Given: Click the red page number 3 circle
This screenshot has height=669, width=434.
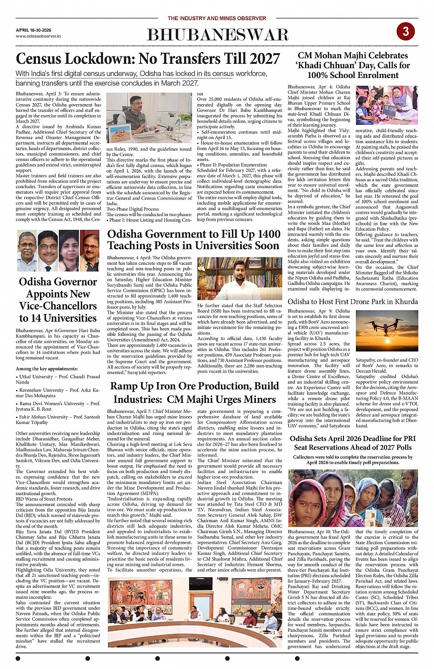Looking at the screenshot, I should pos(406,31).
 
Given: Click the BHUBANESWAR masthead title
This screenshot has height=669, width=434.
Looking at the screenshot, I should pos(217,35).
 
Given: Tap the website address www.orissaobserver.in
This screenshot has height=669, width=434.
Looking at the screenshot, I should pos(38,36).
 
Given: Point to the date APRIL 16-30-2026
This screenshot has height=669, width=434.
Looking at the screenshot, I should pos(34,30).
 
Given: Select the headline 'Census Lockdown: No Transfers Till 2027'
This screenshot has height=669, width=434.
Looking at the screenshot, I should pos(147,59).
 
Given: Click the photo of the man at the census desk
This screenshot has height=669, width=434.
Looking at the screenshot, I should pos(149,118).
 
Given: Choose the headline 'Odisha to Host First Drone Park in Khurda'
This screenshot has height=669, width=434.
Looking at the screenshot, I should pos(353,301).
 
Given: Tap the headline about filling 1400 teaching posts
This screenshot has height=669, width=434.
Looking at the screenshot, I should pos(193,240).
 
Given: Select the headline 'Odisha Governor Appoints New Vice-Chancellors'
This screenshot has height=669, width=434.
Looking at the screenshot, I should pos(58,300).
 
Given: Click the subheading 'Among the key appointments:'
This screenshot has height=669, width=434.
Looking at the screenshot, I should pos(47,368).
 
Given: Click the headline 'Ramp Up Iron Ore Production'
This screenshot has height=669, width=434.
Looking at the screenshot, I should pos(194,392).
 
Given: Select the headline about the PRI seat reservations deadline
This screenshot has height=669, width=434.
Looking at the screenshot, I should pos(353,443).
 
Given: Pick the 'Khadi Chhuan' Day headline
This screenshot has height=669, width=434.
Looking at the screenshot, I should pos(353,65).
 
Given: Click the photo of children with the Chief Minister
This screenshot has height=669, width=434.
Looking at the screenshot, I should pos(387,106).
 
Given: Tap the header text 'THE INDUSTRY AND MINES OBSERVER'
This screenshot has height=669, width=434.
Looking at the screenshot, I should pos(217,18).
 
